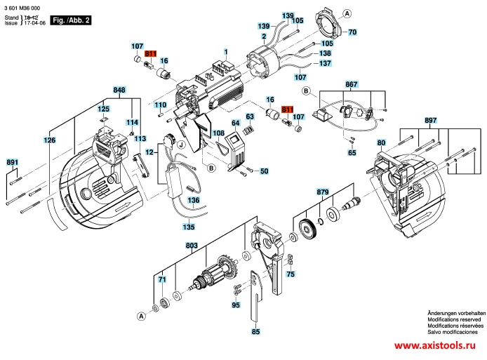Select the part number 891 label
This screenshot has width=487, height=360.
click(12, 163)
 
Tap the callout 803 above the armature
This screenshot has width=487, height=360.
click(191, 246)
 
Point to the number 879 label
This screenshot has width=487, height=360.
click(323, 192)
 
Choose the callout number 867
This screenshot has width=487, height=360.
click(352, 84)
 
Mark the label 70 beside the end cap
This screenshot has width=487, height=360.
click(353, 32)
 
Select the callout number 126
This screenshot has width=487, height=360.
click(49, 140)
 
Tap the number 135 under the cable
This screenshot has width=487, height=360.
click(189, 227)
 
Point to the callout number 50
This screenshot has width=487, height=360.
click(265, 171)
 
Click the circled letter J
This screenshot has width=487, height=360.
click(181, 145)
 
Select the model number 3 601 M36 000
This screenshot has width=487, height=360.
click(26, 6)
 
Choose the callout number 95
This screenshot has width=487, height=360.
click(236, 305)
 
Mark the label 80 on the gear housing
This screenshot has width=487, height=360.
click(381, 143)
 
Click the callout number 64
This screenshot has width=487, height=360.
click(236, 123)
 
